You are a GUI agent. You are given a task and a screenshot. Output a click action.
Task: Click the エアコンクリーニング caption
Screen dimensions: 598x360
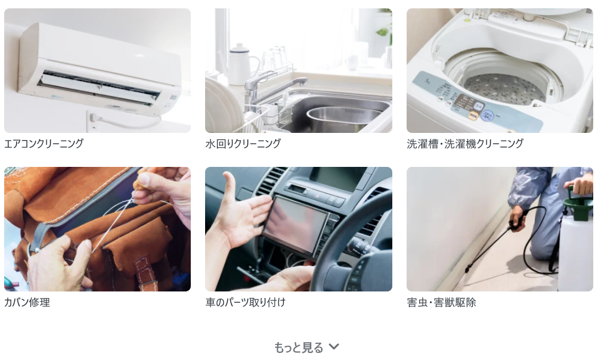coord(44,144)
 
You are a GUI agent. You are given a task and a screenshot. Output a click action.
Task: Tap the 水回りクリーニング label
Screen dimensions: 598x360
coord(243,144)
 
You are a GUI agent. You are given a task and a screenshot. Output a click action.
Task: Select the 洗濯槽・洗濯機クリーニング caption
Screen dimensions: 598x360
coord(465,144)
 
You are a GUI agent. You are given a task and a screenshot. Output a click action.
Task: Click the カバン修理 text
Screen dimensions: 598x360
coord(27,302)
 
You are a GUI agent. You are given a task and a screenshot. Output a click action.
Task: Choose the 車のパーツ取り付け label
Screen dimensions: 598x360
coord(245,302)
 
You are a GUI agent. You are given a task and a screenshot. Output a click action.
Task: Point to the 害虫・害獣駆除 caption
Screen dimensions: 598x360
coord(441,302)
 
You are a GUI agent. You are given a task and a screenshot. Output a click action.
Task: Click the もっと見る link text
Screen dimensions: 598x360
coord(299,347)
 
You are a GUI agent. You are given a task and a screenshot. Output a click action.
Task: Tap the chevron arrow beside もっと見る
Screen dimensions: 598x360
coord(334,346)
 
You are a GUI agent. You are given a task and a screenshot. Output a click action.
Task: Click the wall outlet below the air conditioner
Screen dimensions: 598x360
coord(93,121)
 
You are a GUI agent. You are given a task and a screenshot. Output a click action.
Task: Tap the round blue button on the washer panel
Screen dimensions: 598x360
coord(487,115)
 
